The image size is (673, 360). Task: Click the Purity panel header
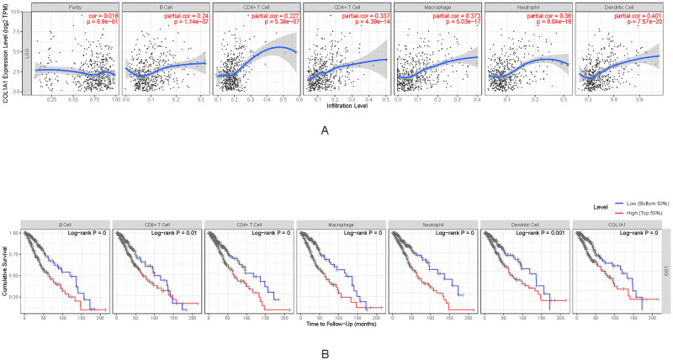[74, 7]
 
